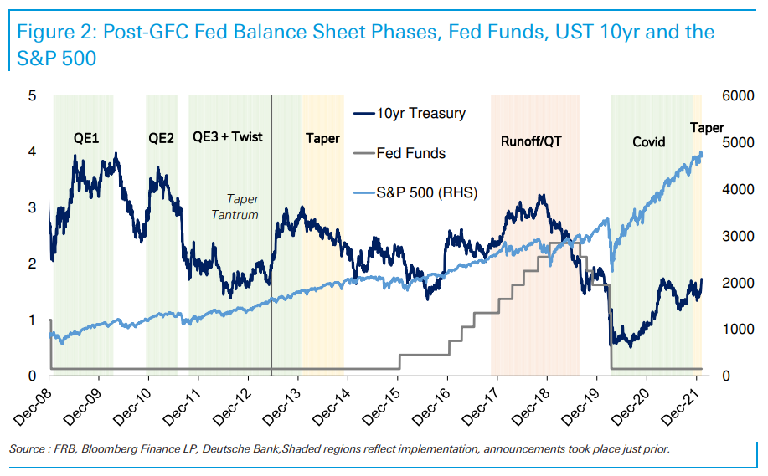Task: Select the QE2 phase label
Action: point(161,138)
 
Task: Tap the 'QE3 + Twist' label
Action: point(228,136)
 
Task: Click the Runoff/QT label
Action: point(531,141)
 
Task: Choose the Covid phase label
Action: point(648,141)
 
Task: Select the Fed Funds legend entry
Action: point(411,153)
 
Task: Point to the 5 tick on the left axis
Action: point(33,95)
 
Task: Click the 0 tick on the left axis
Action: point(33,376)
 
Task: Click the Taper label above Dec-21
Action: point(707,127)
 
